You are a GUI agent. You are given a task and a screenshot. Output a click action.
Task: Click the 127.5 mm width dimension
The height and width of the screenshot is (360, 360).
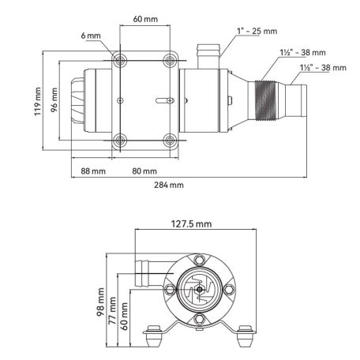pos(190,225)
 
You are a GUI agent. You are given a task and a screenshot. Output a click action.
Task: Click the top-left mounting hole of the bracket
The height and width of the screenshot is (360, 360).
pos(120,60)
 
